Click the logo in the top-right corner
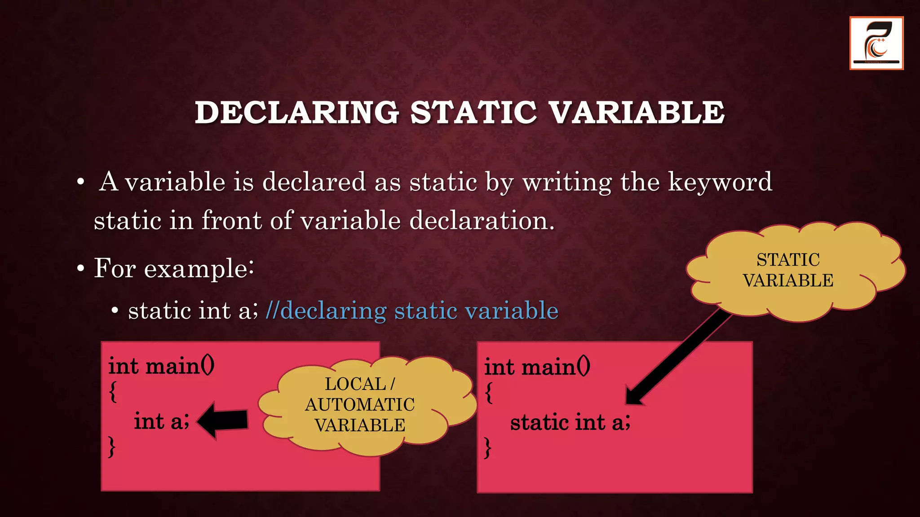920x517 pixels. (x=876, y=43)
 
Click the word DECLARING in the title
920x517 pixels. (x=297, y=112)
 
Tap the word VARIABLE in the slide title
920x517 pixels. (x=637, y=112)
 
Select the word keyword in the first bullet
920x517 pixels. (x=720, y=182)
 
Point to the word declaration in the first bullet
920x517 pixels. (x=482, y=221)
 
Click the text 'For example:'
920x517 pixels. (x=174, y=268)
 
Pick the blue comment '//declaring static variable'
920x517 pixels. (x=411, y=311)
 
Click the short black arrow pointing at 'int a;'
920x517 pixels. (x=223, y=421)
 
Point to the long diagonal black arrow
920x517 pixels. (x=678, y=357)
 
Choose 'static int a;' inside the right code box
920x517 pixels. (x=570, y=423)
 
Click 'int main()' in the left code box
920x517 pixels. (x=161, y=366)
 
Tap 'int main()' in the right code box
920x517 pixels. (x=537, y=367)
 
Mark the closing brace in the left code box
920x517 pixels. (x=112, y=447)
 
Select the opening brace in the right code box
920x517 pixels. (x=489, y=393)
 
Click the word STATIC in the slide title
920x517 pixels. (x=473, y=112)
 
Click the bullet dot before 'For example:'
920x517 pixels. (x=80, y=269)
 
